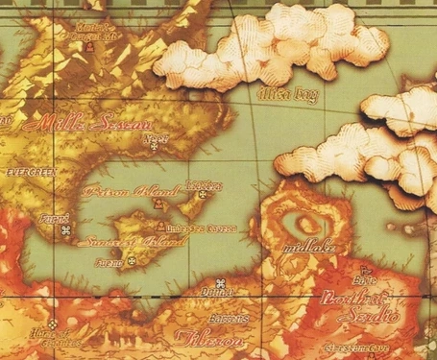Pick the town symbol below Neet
pyautogui.click(x=149, y=148)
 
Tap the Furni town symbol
pyautogui.click(x=65, y=231)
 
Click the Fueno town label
pyautogui.click(x=109, y=261)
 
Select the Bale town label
pyautogui.click(x=364, y=280)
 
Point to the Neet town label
pyautogui.click(x=149, y=136)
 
